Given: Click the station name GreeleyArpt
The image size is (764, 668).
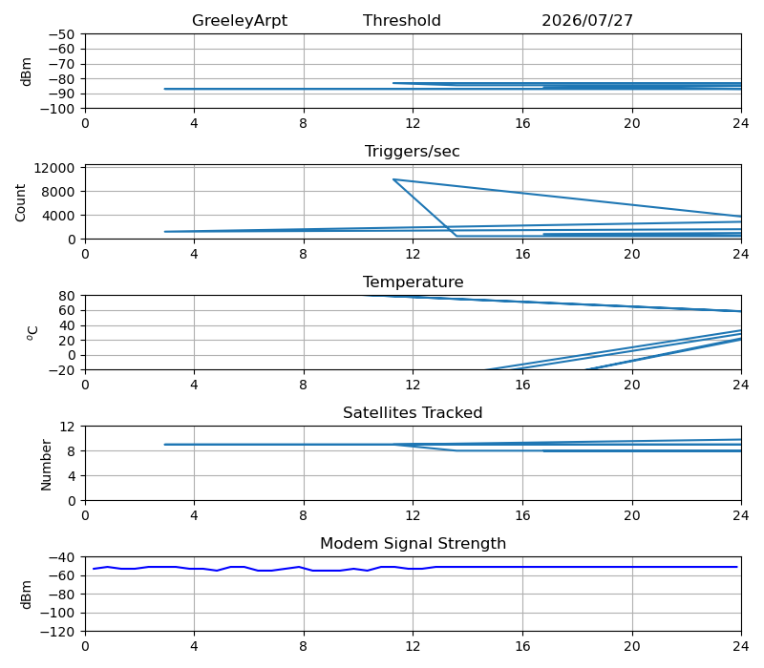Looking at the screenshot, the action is pos(240,21).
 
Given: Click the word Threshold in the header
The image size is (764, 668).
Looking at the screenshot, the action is pos(401,20).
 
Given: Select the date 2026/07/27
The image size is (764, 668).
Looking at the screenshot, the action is pos(587,20).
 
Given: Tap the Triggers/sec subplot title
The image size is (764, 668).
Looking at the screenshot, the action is pos(413,151).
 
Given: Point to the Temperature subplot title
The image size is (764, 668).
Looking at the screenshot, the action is pos(413,282).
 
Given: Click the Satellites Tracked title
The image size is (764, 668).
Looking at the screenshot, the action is pos(413,412).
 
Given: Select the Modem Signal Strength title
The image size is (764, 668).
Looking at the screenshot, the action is pos(413,543).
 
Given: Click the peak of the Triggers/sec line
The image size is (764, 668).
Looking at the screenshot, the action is pos(393,179).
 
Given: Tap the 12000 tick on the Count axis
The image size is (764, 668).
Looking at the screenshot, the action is pos(54,169).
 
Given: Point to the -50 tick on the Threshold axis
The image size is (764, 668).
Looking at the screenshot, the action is pos(61,34).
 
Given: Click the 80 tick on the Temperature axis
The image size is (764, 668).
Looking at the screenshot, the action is pos(67,296).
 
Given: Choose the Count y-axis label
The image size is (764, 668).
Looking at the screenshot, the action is pos(20,202).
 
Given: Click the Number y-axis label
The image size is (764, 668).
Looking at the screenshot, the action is pos(46,465).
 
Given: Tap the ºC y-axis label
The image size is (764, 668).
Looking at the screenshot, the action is pos(32,333).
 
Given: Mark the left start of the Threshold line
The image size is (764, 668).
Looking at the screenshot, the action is pos(164,89).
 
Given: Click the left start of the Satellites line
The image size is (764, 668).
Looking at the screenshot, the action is pos(164,445).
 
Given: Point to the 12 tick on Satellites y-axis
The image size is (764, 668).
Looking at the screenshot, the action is pos(67,427).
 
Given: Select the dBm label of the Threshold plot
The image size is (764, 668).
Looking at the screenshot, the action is pos(27,72).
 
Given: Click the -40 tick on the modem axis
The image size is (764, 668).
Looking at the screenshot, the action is pos(61,557).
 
